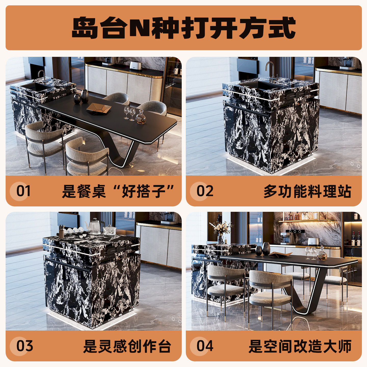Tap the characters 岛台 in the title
click(99, 28)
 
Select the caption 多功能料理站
click(307, 191)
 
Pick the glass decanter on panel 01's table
click(140, 117)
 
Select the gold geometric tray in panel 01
click(99, 109)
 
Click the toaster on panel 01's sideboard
click(136, 65)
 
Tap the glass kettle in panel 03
click(95, 227)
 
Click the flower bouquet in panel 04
click(221, 227)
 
